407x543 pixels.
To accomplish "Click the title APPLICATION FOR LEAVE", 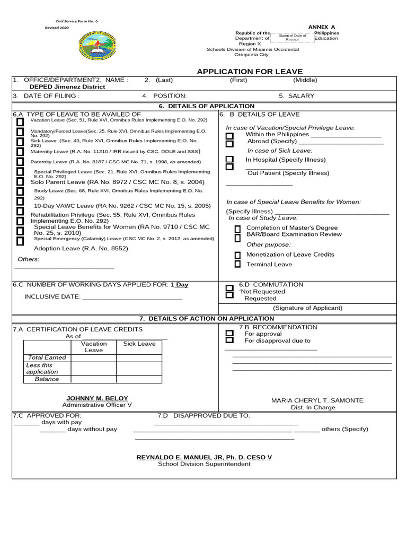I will pos(250,72).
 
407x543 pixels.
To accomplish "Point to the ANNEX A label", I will pos(322,27).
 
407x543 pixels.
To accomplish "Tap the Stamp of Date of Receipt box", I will pos(292,37).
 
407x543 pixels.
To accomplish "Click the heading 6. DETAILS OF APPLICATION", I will pos(207,106).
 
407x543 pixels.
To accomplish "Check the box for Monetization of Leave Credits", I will pos(237,255).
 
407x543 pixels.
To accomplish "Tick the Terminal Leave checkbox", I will pos(237,264).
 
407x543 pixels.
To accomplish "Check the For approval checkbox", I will pos(229,334).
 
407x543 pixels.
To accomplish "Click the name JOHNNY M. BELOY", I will pos(97,398).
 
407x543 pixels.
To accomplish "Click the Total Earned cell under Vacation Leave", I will pos(94,358).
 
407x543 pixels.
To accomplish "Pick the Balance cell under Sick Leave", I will pos(139,380).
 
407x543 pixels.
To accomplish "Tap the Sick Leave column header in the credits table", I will pos(139,344).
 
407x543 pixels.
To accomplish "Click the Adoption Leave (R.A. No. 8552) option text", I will pos(81,248).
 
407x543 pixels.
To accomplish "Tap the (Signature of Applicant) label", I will pos(307,308).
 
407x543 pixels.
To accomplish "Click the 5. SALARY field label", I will pos(296,96).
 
